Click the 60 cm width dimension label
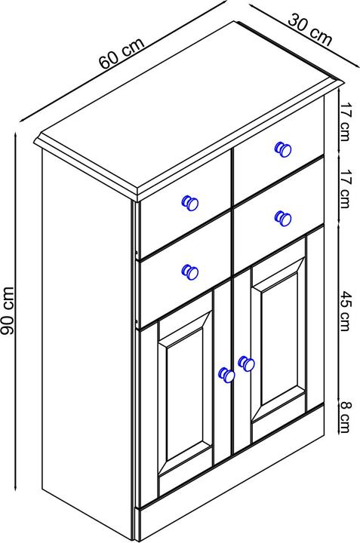(122, 54)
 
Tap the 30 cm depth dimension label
(310, 29)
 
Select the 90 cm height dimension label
(8, 311)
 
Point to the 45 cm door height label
(344, 311)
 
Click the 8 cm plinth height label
(344, 417)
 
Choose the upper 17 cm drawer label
(344, 122)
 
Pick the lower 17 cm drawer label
(344, 189)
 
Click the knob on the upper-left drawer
(190, 203)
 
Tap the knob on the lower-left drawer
(190, 271)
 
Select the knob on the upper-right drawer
(283, 149)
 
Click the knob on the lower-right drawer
(283, 218)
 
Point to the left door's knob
(226, 375)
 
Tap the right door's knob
(246, 364)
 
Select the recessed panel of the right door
(279, 339)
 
